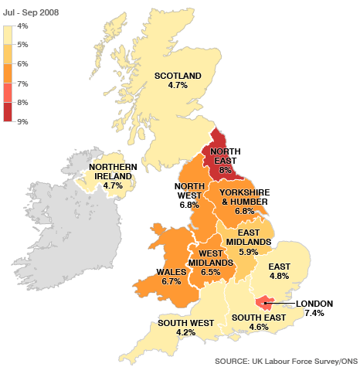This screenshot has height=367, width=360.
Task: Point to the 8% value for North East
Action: point(226,170)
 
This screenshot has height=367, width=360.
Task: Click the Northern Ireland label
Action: point(113,171)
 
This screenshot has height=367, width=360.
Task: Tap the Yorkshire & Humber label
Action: point(246,196)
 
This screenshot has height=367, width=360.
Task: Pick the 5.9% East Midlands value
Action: point(250,252)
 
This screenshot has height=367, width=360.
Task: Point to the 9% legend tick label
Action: point(22,121)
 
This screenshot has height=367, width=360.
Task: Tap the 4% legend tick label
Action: point(22,25)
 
